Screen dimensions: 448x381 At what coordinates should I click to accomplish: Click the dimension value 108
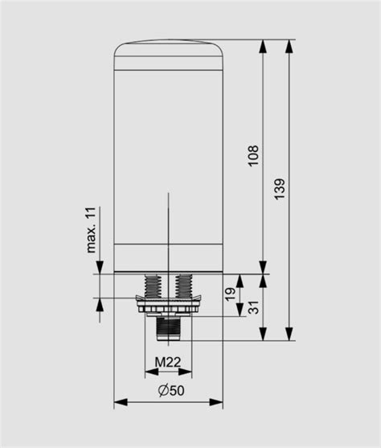[x=253, y=156]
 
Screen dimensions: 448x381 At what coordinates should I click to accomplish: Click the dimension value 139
[x=279, y=187]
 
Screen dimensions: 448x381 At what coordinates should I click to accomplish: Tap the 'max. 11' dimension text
[x=92, y=229]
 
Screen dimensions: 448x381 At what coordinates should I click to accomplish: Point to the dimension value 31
[x=253, y=307]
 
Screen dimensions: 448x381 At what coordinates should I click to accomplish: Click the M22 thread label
[x=168, y=362]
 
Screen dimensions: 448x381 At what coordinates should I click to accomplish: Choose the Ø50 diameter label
[x=168, y=390]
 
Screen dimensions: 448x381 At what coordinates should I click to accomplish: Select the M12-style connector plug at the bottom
[x=168, y=326]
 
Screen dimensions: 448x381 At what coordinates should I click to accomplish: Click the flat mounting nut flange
[x=168, y=306]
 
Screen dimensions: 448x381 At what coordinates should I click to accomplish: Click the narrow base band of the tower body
[x=168, y=258]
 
